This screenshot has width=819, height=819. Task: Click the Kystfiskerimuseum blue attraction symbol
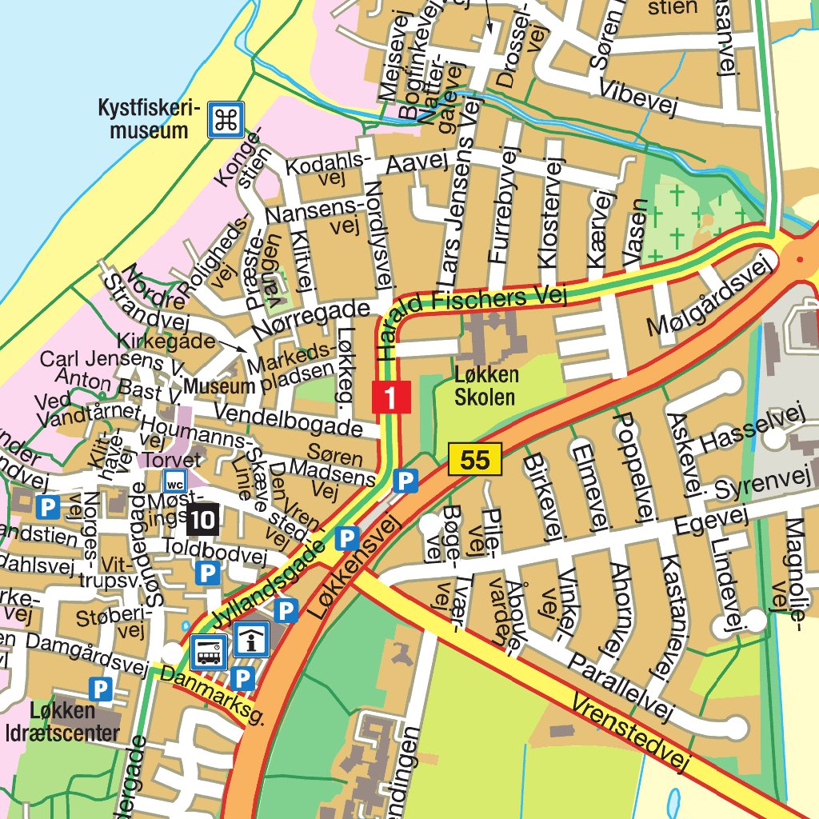(226, 120)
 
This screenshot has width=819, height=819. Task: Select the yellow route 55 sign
(474, 460)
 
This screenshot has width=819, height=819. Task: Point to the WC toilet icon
(174, 481)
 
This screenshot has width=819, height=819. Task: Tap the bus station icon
(209, 652)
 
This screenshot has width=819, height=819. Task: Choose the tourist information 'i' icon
(251, 640)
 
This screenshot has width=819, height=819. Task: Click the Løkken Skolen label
(486, 386)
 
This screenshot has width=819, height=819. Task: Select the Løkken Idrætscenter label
(74, 721)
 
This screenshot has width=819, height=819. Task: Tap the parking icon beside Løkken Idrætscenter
(100, 689)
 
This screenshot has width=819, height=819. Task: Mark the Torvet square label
(169, 460)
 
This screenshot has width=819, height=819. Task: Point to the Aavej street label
(415, 164)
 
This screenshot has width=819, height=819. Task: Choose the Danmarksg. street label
(213, 696)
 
